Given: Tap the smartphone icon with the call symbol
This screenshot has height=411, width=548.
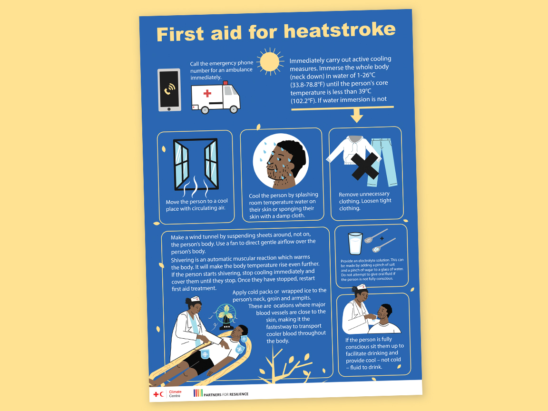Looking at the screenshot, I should click(169, 90).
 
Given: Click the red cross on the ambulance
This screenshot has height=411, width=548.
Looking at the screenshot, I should click(207, 94).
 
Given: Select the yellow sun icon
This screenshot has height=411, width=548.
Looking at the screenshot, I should click(270, 61).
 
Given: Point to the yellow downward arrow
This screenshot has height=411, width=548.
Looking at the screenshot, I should click(356, 116).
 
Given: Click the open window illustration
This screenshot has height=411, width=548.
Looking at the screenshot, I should click(196, 164).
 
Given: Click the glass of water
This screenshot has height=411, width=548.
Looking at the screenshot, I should click(355, 244).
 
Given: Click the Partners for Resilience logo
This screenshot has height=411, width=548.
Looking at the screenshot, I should click(221, 393).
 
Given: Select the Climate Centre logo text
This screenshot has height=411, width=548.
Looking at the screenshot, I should click(175, 394).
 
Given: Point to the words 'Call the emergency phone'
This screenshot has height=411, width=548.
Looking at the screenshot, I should click(221, 63).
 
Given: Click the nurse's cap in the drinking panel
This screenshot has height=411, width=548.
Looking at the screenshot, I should click(362, 287).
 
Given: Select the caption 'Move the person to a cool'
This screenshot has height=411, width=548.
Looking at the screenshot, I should click(196, 202).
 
